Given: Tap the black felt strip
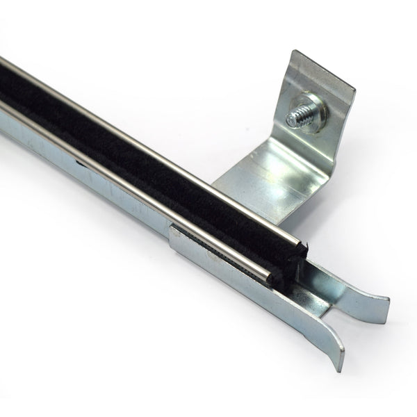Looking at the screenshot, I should click(139, 139).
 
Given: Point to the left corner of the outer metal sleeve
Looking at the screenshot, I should click(170, 229).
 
